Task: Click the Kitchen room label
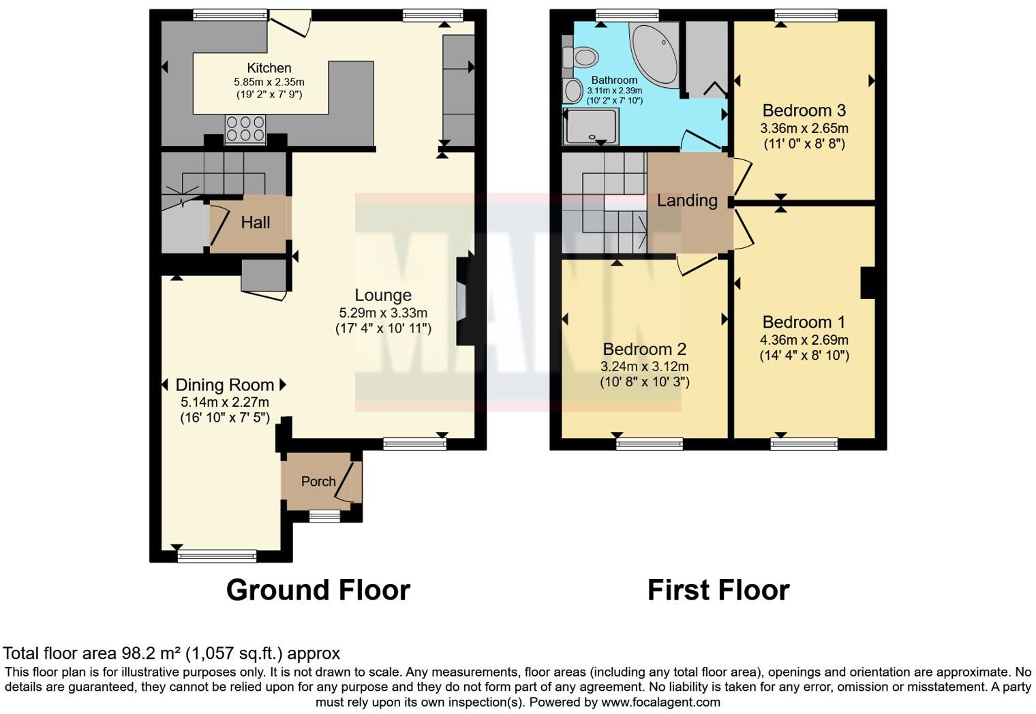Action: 269,68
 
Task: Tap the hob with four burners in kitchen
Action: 245,129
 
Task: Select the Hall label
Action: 255,223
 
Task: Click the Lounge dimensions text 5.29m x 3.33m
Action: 383,313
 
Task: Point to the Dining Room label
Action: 224,385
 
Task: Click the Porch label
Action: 318,482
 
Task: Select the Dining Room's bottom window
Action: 217,556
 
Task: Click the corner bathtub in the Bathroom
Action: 654,55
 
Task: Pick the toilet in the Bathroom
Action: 583,57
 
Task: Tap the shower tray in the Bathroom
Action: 592,127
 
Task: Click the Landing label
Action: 686,201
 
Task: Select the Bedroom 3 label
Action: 804,110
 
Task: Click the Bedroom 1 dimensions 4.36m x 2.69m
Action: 804,340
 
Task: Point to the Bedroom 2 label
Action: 644,350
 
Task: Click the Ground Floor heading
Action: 318,590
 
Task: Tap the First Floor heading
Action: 718,590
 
